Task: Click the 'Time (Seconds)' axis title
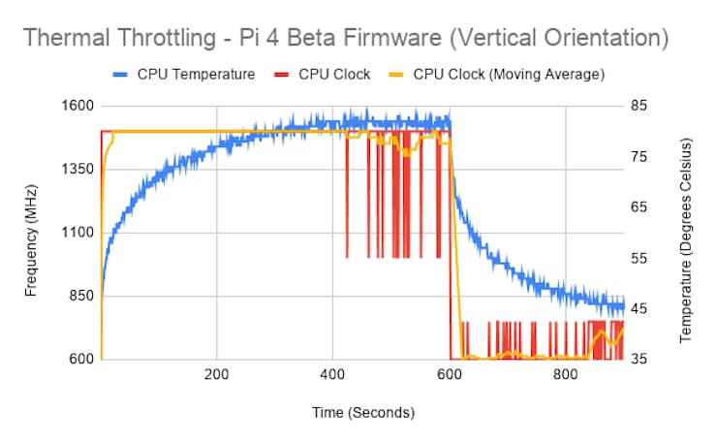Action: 362,413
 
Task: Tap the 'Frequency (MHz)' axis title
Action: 32,233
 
